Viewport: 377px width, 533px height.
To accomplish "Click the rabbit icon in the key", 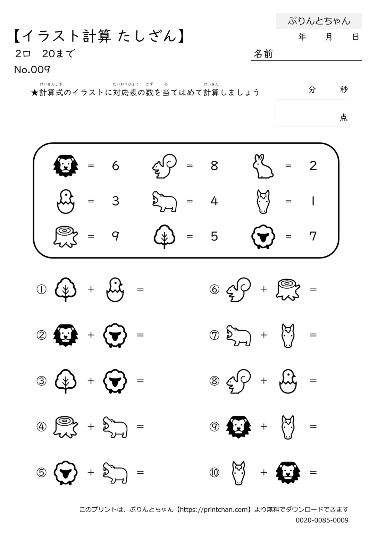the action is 263,166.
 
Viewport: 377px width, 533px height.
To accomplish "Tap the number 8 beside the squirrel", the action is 214,166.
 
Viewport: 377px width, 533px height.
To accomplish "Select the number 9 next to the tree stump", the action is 116,236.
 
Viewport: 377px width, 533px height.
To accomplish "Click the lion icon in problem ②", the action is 66,335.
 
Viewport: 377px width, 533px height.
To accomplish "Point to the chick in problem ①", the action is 115,290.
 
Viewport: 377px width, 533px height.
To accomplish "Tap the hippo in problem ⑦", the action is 238,335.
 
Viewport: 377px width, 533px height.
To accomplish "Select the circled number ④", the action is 41,426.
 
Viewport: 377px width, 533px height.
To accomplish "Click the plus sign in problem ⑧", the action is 264,381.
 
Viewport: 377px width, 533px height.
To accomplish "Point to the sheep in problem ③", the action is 115,381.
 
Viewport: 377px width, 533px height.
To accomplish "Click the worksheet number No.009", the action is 32,70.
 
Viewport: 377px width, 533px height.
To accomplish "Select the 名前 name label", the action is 263,54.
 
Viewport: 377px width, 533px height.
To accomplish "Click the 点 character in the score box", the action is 343,117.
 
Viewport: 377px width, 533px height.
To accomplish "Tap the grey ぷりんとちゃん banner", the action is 319,21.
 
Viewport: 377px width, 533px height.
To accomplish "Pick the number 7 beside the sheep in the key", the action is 313,236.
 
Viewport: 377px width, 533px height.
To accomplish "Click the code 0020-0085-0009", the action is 322,520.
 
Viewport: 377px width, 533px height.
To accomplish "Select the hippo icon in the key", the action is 165,201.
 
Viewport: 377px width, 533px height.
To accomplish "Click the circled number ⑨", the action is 215,426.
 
